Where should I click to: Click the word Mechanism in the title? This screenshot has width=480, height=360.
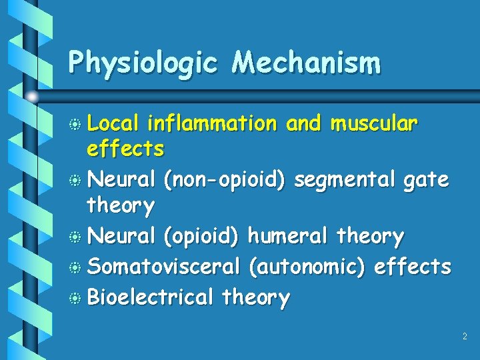(x=306, y=63)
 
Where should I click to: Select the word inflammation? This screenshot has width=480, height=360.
(x=211, y=124)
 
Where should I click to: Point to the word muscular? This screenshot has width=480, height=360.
(x=375, y=124)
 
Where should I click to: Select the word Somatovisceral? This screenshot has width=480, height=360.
(x=163, y=267)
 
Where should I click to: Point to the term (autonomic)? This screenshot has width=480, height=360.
(x=307, y=267)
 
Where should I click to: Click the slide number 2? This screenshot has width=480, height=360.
(x=465, y=337)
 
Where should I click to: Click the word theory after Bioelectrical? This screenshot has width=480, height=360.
(x=256, y=297)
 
